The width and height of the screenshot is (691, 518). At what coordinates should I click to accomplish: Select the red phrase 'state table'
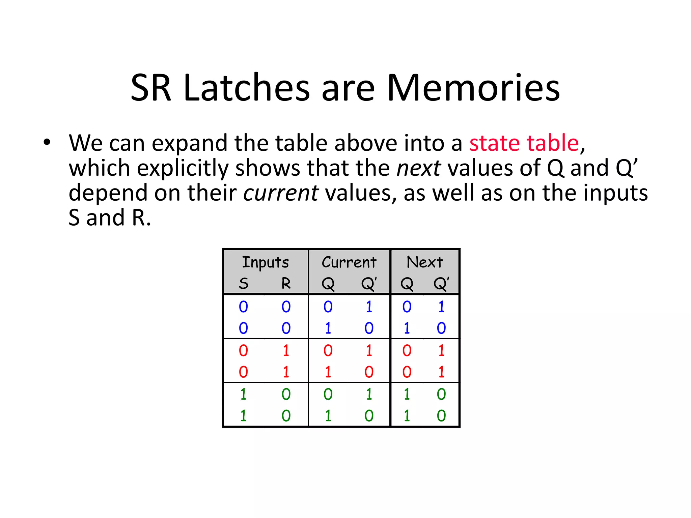click(x=524, y=143)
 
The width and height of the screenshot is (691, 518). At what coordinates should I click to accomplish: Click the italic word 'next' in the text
click(x=418, y=168)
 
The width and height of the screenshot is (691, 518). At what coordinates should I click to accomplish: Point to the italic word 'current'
click(x=281, y=193)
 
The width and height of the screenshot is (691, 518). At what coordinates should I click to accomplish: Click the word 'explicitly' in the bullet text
click(x=183, y=168)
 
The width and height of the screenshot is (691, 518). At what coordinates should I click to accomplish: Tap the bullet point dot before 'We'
click(x=47, y=142)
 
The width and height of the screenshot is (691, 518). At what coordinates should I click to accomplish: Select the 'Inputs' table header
click(x=266, y=262)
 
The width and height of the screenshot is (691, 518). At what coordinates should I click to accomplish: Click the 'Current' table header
click(x=349, y=262)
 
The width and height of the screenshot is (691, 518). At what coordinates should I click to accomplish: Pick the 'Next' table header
click(x=424, y=262)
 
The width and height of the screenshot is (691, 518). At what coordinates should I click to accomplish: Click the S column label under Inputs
click(x=244, y=284)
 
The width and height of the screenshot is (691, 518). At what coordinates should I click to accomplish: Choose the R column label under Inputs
click(x=286, y=284)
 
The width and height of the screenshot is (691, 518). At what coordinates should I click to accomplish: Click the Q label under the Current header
click(x=328, y=284)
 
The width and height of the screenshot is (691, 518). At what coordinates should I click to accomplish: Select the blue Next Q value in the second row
click(x=407, y=328)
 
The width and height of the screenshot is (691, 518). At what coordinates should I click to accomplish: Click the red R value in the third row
click(x=286, y=351)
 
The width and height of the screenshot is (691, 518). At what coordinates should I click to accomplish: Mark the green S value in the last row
click(x=244, y=415)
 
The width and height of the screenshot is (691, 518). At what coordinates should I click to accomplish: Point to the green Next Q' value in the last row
click(x=441, y=415)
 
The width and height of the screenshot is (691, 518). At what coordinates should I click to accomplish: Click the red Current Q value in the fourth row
click(x=328, y=372)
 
